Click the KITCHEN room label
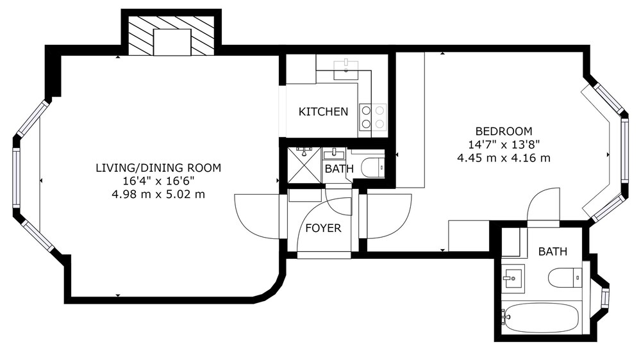click(x=323, y=111)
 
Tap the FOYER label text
click(x=323, y=228)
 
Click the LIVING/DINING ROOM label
click(x=158, y=168)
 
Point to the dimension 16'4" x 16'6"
click(x=158, y=181)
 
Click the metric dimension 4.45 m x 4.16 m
click(x=504, y=158)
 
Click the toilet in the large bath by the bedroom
click(x=565, y=278)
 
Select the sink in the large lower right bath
click(x=513, y=279)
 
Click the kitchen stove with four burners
click(x=372, y=117)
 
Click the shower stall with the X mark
click(x=304, y=165)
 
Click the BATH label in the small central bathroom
click(x=339, y=168)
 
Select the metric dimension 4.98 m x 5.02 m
click(x=158, y=194)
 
